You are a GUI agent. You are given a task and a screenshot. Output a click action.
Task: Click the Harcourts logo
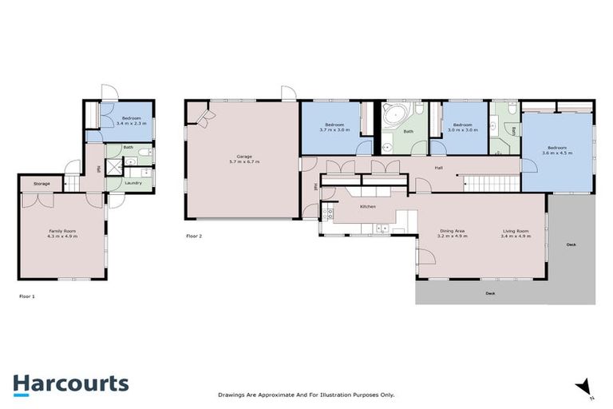pos(70,383)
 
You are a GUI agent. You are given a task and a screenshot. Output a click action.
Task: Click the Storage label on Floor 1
pos(42,184)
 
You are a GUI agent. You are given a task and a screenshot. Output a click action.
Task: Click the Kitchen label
pos(367,207)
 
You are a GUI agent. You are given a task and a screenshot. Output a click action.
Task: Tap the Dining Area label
pos(453,234)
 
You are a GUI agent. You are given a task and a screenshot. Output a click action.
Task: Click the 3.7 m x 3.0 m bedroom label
pos(331,127)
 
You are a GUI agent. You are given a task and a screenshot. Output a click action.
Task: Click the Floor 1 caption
pos(27,296)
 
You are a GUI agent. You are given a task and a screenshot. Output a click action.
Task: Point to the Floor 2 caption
pos(194,236)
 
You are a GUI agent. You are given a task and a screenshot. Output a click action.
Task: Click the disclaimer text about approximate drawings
pos(306,395)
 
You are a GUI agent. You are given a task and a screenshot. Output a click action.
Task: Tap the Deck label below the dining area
pos(490,293)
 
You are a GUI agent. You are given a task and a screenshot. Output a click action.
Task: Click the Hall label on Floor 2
pos(438,169)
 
